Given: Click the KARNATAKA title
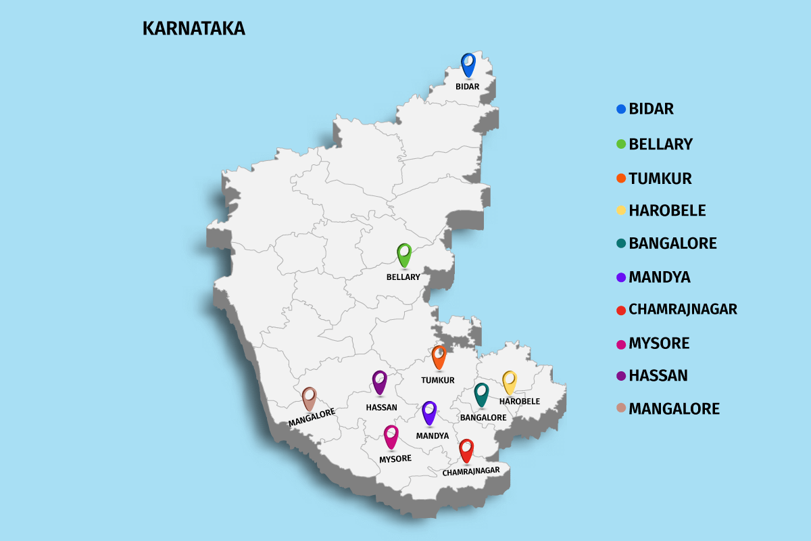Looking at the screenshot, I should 193,29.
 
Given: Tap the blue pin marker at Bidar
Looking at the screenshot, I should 468,64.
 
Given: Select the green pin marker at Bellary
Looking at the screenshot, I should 404,254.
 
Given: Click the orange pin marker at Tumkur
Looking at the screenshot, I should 439,356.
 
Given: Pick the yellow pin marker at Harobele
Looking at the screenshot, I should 509,381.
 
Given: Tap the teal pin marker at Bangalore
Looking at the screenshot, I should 481,394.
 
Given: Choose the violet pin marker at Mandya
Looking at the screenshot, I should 429,412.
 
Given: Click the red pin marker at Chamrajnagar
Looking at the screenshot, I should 466,450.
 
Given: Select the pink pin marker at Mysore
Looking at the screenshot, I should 391,436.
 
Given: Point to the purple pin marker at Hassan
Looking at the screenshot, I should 379,381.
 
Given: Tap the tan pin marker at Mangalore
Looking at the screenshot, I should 309,398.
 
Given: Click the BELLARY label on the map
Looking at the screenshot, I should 403,277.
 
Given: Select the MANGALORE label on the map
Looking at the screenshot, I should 312,417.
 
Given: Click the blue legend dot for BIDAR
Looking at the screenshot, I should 621,109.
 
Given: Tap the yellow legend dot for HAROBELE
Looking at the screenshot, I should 621,210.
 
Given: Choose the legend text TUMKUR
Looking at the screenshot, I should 660,179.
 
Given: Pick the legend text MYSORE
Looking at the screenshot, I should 659,344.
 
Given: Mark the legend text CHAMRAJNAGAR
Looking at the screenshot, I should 683,310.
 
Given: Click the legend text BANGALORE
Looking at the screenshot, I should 672,243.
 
